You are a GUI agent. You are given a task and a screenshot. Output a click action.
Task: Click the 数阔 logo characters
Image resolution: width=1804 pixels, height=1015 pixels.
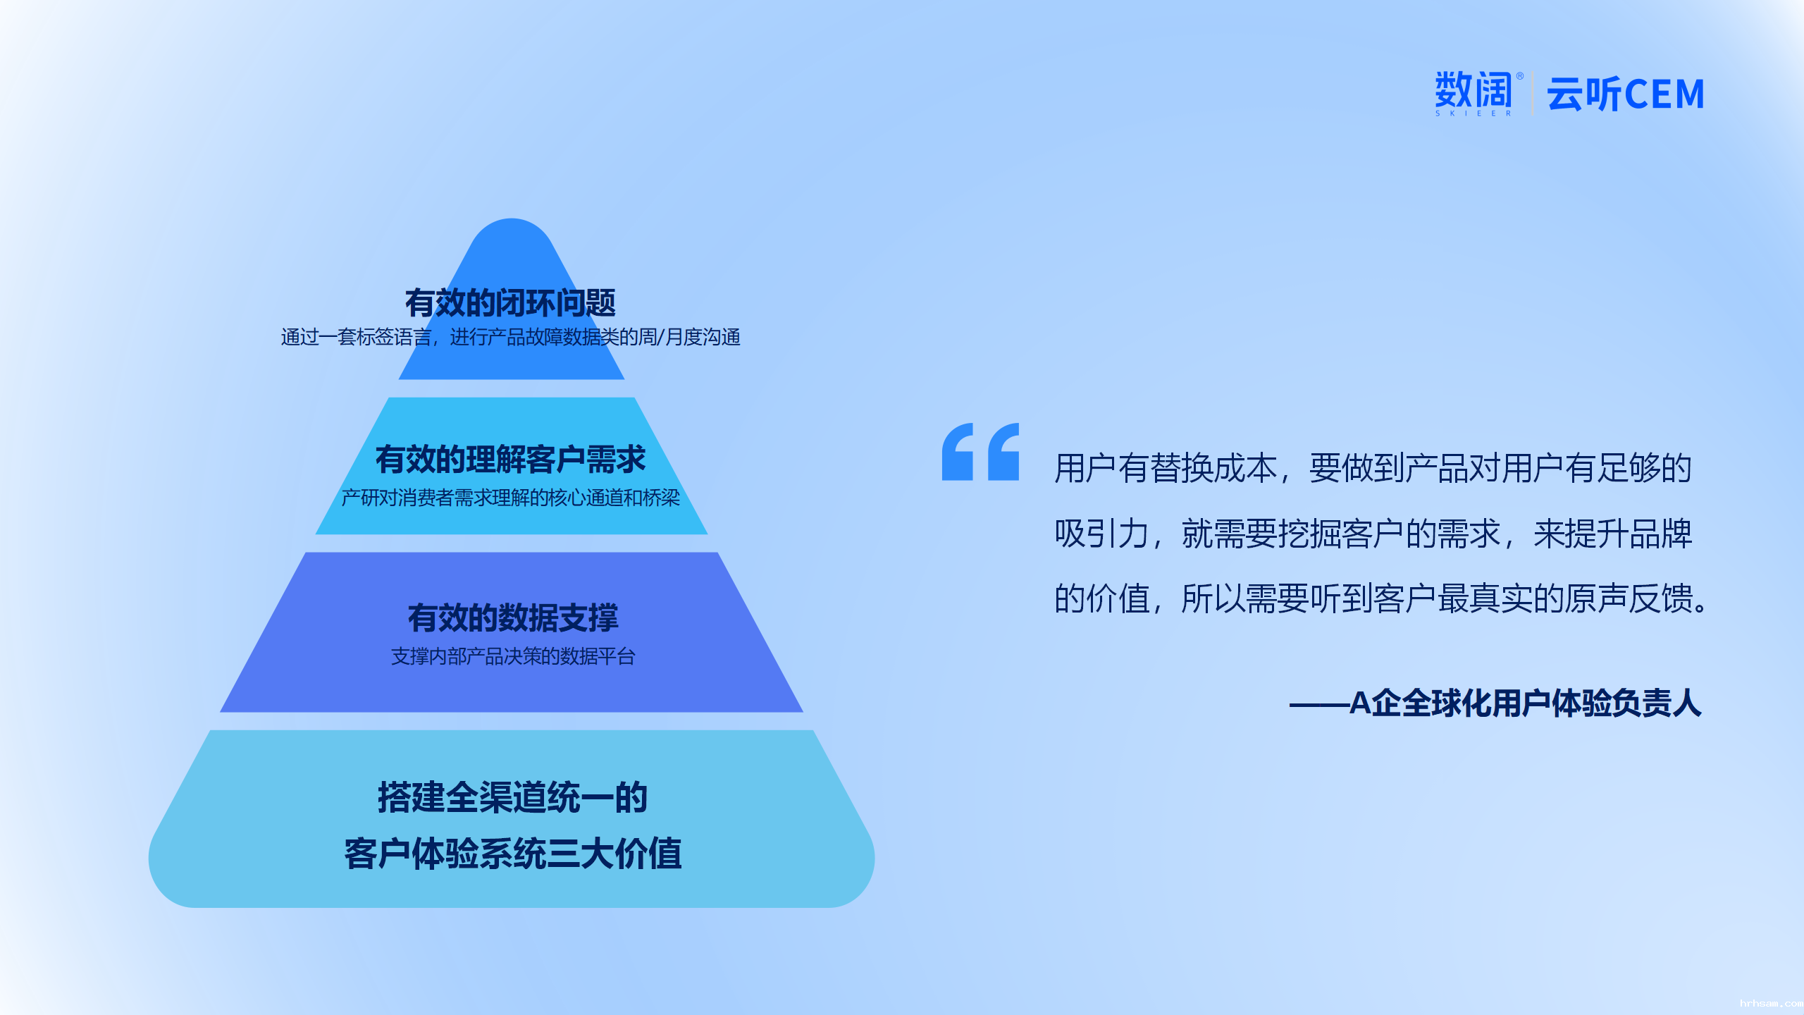[1474, 90]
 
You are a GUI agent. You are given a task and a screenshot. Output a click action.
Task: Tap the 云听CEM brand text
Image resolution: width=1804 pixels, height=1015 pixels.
[1626, 94]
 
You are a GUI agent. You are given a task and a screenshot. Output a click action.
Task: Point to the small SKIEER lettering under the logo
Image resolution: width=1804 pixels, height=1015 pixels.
[1474, 113]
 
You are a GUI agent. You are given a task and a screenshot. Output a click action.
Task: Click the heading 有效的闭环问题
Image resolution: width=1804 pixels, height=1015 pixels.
[510, 303]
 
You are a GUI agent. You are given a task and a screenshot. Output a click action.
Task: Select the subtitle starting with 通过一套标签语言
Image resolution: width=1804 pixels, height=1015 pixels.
[510, 338]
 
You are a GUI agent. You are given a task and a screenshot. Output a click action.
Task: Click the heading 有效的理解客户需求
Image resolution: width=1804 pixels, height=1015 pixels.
[510, 460]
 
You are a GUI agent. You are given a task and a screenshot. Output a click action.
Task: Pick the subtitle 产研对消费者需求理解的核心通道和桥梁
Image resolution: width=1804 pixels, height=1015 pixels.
[510, 498]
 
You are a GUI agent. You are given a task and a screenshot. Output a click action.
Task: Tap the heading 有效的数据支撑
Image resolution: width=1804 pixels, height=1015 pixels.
[512, 618]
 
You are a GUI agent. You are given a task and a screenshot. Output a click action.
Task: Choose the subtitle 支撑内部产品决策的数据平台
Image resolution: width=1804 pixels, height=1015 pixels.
[513, 657]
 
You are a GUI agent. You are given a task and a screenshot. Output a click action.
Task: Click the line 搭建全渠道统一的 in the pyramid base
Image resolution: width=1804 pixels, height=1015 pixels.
[512, 797]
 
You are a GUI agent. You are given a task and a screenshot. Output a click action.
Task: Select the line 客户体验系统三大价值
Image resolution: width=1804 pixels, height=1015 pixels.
[512, 854]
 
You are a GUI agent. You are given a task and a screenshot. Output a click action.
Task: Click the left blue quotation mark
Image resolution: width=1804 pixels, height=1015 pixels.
[958, 452]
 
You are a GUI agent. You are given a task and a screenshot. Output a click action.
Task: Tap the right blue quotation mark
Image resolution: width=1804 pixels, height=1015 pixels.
[1003, 452]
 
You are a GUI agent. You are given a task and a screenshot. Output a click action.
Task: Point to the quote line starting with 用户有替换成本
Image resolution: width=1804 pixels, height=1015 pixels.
[1373, 468]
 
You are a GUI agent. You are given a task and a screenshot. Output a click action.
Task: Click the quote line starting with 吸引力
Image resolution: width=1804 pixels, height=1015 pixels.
[1373, 534]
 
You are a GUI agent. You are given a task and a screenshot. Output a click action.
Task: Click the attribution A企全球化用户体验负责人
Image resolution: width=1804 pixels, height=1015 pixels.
[1526, 703]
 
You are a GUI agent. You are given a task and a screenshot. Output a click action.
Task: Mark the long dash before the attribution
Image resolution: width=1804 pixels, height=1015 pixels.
[1319, 704]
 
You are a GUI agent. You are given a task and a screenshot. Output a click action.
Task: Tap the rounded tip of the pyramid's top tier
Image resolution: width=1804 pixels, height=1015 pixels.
[512, 220]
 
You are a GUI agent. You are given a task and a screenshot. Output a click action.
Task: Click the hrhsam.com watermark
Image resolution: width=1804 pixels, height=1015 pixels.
[1771, 1003]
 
